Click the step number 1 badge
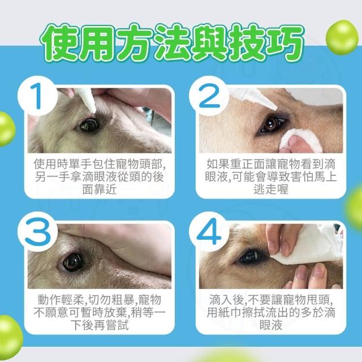[x=37, y=96]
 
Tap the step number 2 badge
[x=209, y=96]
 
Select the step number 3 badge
[x=37, y=231]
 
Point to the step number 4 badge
[x=209, y=231]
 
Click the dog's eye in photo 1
[x=89, y=125]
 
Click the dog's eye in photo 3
[x=73, y=262]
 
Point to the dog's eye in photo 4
[x=250, y=257]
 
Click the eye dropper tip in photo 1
[x=94, y=111]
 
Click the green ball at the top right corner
[x=342, y=37]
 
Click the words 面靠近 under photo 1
[x=100, y=190]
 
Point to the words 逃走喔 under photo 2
[x=271, y=190]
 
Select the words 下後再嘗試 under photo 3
[x=100, y=326]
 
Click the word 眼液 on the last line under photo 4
[x=271, y=326]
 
